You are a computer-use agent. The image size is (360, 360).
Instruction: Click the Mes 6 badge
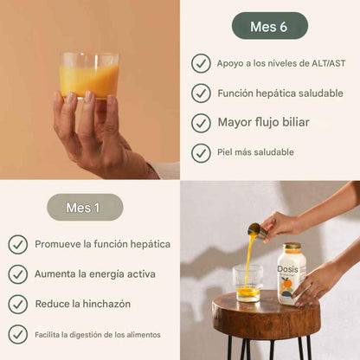click(x=269, y=26)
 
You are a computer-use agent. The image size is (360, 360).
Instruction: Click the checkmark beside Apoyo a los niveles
click(x=201, y=63)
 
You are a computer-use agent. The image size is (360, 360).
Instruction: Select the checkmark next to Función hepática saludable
click(x=201, y=93)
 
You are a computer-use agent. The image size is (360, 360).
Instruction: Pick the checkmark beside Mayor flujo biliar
click(x=201, y=122)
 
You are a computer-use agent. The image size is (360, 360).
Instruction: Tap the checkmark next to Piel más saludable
click(x=201, y=152)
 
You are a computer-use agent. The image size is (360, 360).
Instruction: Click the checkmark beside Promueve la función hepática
click(x=18, y=245)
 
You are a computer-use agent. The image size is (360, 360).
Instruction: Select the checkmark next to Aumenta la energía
click(x=18, y=274)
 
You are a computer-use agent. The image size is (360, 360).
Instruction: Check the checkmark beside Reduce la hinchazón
click(x=18, y=304)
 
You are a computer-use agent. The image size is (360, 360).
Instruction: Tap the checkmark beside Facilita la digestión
click(x=18, y=334)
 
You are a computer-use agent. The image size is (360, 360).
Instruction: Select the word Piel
click(x=227, y=152)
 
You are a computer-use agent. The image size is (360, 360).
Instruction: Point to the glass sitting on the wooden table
click(x=247, y=283)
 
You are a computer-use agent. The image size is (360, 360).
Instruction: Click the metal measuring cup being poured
click(x=256, y=231)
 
